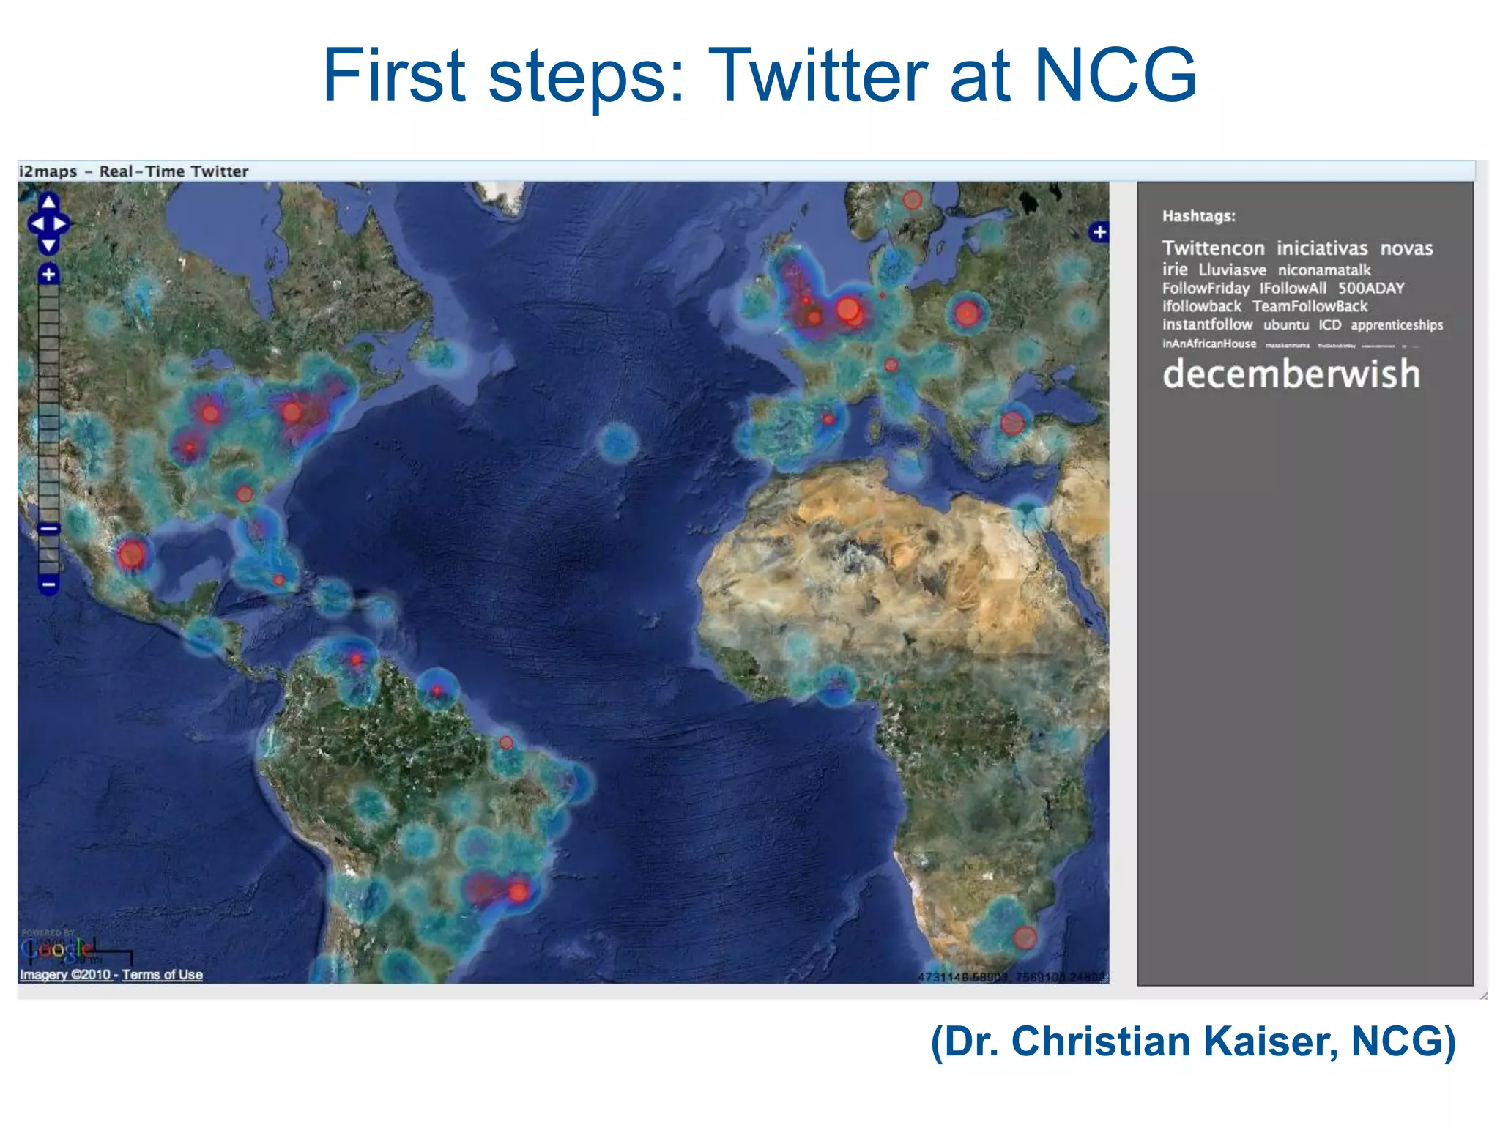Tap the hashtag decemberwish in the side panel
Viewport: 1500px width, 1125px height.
1291,374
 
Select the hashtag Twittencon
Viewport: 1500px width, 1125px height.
1213,248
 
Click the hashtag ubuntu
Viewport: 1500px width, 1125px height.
1285,324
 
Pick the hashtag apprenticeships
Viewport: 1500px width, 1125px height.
1396,324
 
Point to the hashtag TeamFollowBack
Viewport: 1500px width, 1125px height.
1310,306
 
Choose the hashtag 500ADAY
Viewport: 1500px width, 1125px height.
1370,288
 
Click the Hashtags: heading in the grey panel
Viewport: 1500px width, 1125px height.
1198,216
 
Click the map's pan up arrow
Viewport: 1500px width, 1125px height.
48,201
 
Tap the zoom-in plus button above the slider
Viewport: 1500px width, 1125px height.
48,274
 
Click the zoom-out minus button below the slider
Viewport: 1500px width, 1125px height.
48,584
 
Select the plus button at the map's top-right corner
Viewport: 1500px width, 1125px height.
1099,232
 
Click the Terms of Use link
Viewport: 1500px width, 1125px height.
162,975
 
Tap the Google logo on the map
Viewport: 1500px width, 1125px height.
56,950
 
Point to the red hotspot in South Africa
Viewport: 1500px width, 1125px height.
1024,937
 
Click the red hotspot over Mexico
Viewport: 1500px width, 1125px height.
132,554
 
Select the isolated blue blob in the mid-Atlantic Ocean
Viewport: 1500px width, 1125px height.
617,442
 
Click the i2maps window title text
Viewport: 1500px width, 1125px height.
134,171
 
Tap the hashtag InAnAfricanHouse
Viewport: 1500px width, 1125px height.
1208,344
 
